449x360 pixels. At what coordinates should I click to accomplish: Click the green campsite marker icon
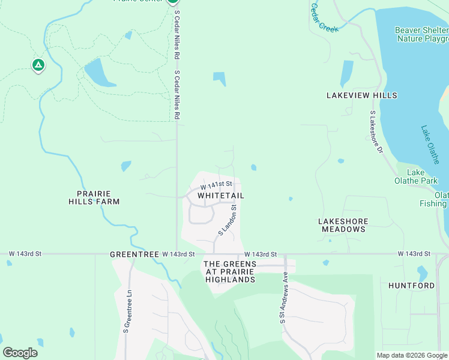[38, 65]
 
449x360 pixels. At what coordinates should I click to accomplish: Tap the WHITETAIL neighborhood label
[221, 196]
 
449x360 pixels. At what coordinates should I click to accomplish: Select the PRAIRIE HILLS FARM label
[98, 197]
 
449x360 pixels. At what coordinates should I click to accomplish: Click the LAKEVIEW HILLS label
[362, 95]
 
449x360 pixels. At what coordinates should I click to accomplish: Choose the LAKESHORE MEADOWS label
[343, 225]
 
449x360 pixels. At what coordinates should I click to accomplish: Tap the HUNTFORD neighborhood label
[411, 286]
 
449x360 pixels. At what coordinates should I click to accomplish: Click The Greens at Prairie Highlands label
[230, 272]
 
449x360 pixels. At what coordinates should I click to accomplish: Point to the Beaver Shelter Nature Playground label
[421, 34]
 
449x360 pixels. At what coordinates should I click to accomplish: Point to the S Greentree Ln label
[127, 311]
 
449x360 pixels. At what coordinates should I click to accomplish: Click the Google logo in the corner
[20, 353]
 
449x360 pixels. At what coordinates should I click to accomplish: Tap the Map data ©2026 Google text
[412, 355]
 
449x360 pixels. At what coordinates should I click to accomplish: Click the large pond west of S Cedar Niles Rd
[98, 73]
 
